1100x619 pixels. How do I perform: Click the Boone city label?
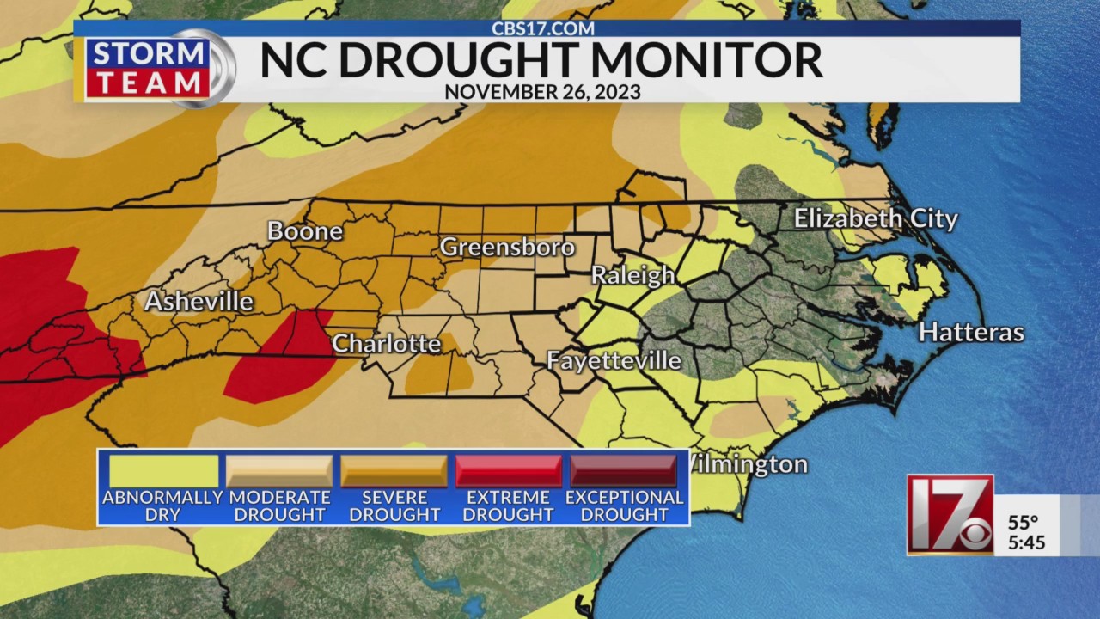[304, 231]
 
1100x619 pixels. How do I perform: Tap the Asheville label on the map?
[199, 302]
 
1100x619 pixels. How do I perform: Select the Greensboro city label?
[507, 248]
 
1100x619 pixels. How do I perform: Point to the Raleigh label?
[632, 276]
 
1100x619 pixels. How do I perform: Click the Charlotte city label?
[386, 344]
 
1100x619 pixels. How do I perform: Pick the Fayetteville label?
[614, 360]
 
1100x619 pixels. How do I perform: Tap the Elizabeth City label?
[875, 218]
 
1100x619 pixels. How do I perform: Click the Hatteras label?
[971, 332]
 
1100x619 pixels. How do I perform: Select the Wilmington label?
[748, 465]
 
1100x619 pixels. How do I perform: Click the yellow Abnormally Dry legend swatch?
[163, 471]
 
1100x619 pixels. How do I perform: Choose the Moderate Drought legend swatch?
[279, 471]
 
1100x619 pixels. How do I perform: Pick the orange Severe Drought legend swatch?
[394, 471]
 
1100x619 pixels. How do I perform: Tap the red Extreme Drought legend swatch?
[509, 471]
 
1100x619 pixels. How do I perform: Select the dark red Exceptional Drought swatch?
[624, 471]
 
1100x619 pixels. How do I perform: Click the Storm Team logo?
[155, 68]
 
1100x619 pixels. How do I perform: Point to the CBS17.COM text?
[542, 28]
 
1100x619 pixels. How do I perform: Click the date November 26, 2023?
[542, 92]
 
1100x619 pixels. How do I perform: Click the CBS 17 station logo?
[950, 515]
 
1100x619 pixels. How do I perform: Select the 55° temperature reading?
[1024, 523]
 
